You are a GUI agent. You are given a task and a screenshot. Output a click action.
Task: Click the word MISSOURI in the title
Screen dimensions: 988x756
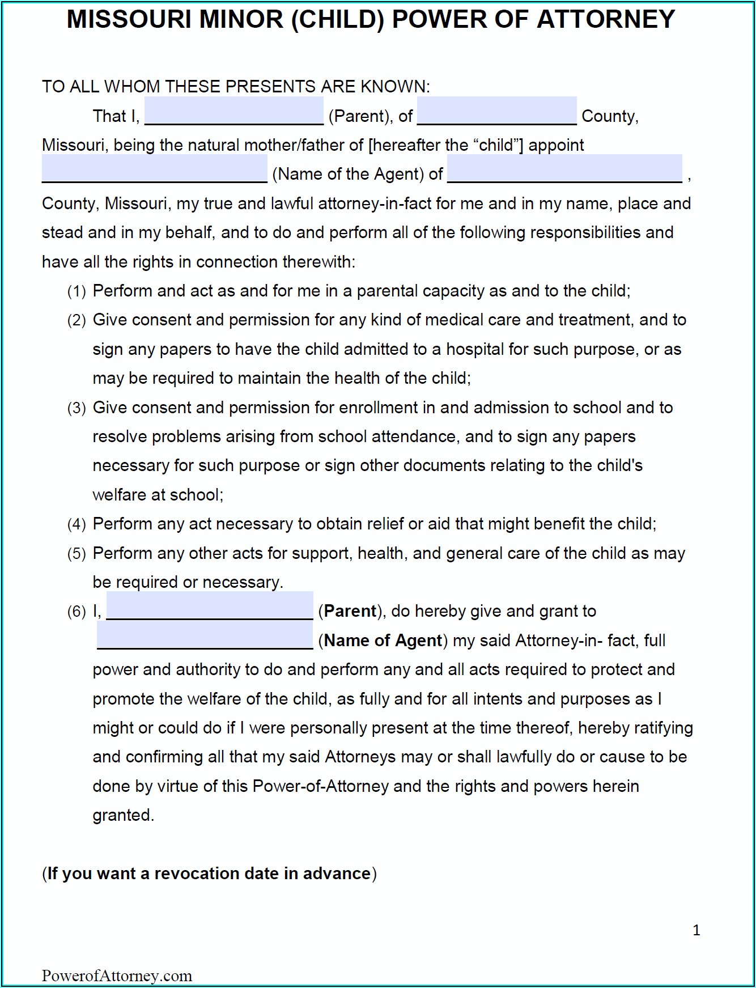click(129, 20)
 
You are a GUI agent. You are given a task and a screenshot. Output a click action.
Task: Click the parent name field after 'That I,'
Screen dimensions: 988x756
click(233, 111)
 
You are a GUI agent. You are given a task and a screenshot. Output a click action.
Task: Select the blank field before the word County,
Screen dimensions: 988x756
click(496, 111)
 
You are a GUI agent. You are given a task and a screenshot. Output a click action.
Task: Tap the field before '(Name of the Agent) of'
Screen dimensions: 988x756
click(154, 168)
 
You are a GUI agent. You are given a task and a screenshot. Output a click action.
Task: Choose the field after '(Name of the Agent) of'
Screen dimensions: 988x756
click(564, 168)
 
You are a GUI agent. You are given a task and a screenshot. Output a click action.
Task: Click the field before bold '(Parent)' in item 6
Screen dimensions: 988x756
click(210, 606)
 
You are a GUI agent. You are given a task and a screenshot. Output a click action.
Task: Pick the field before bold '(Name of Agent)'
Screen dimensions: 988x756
click(205, 635)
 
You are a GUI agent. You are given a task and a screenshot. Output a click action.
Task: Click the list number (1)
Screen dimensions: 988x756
click(77, 292)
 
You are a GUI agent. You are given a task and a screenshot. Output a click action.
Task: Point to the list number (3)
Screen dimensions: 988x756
click(77, 409)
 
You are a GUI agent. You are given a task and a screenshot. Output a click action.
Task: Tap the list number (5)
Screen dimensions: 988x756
click(77, 554)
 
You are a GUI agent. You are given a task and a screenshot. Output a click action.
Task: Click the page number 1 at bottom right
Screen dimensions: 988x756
click(696, 930)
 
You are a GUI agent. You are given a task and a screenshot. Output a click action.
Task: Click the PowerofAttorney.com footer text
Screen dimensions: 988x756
click(117, 976)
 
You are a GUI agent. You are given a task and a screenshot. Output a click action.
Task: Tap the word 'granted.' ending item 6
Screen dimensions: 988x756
click(123, 816)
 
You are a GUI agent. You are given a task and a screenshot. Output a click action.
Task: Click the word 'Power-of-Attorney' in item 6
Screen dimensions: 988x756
click(320, 787)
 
